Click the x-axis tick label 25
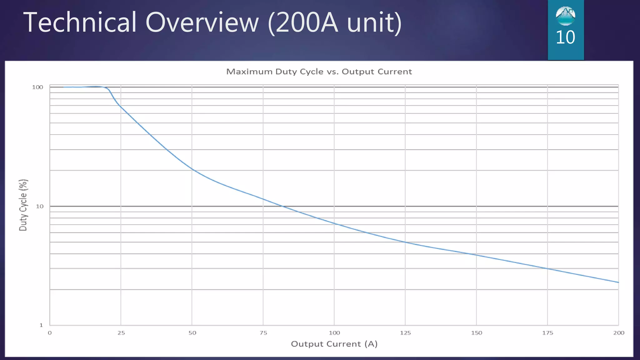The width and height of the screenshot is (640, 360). coord(121,333)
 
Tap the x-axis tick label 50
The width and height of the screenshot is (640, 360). coord(192,333)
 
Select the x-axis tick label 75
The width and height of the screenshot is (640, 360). coord(263,333)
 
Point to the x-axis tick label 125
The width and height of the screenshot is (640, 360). coord(405,333)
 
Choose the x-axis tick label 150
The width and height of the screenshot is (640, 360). coord(477,333)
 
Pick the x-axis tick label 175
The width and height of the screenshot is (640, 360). coord(547,333)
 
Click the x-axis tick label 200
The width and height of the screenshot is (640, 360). coord(619,333)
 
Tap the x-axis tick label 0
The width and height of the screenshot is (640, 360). coord(50,333)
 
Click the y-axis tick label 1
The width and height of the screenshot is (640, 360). coord(41,325)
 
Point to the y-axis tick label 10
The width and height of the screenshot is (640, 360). coord(40,207)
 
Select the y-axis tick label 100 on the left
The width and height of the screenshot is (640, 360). coord(37,87)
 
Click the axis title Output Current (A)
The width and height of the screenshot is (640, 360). coord(334,344)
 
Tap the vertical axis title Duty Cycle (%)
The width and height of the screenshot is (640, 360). coord(23,205)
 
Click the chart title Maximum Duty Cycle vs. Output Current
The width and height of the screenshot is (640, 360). coord(319,72)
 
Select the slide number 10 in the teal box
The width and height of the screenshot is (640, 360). coord(565,37)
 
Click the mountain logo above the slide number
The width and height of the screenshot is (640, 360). coord(565,16)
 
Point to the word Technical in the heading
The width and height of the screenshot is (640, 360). coord(80,22)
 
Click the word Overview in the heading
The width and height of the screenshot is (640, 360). coord(202,22)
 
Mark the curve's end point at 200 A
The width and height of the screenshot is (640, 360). coord(618,282)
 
